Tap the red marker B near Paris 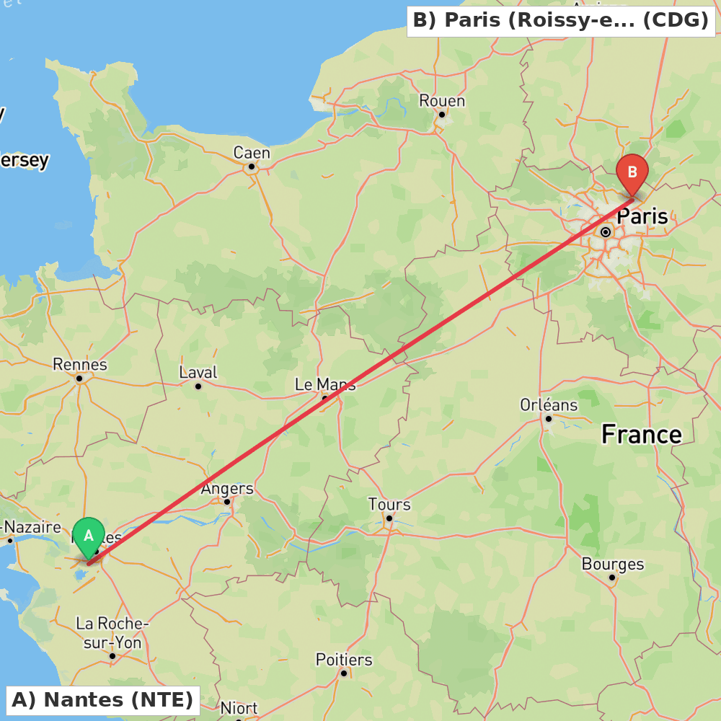[632, 173]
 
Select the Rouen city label [442, 100]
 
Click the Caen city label [252, 153]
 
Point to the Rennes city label [79, 364]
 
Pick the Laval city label [198, 373]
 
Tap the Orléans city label [549, 404]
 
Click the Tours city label [389, 504]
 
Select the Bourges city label [613, 564]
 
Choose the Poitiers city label [344, 660]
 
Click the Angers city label [227, 488]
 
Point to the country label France [642, 434]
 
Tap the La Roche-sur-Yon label [112, 632]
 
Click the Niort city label [239, 708]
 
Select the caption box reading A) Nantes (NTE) [102, 700]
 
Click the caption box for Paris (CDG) [561, 20]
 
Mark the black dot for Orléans [548, 418]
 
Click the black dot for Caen [252, 167]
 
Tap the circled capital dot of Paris [606, 232]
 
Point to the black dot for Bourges [611, 577]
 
